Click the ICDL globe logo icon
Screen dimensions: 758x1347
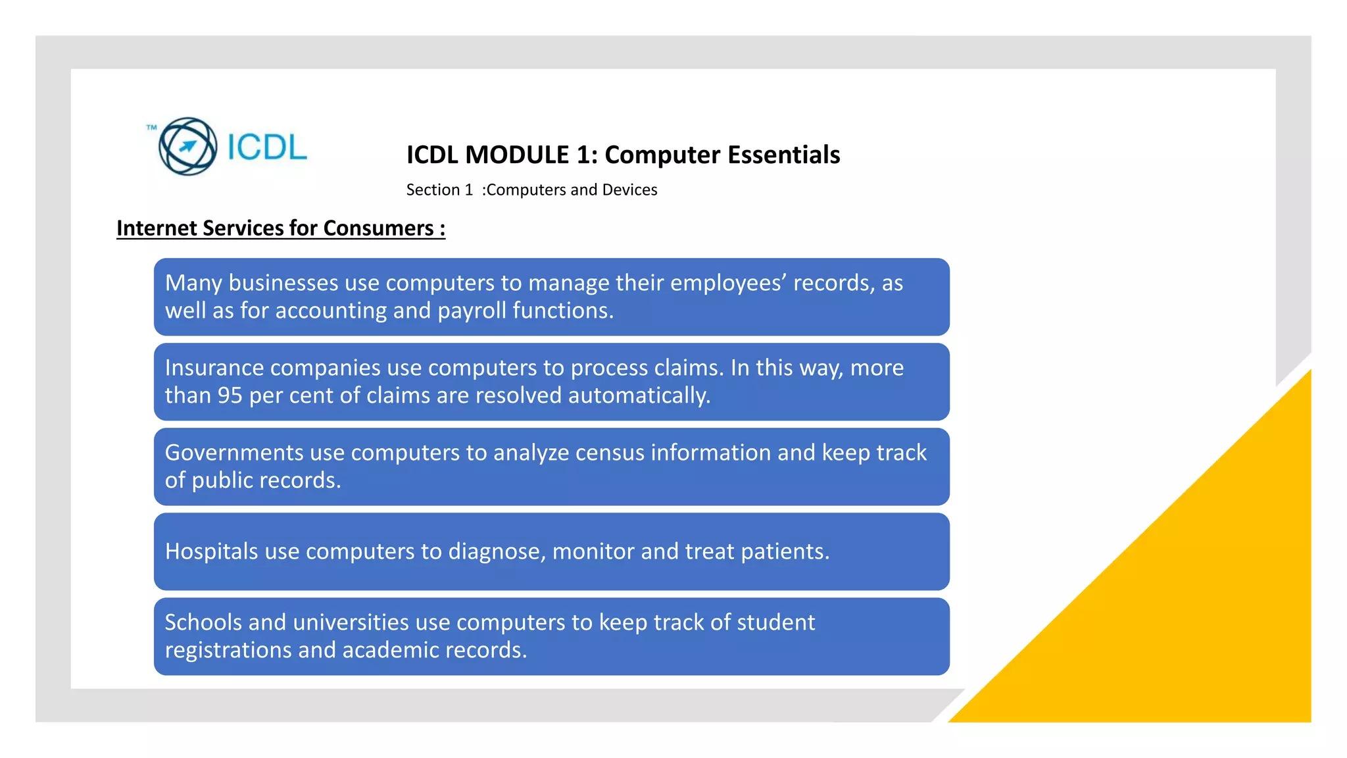(187, 146)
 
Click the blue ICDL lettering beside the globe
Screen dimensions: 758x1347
(267, 147)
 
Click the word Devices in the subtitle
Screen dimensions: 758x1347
(629, 190)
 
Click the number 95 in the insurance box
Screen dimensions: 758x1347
(230, 396)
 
